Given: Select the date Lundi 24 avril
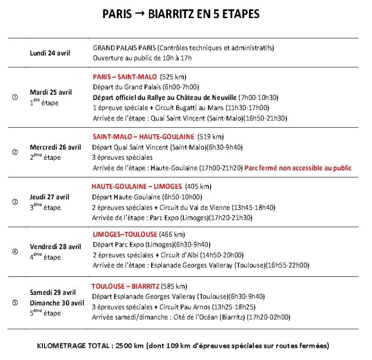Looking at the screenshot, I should point(50,52).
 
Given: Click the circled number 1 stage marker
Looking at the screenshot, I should point(14,97).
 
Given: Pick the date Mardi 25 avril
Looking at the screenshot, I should point(51,92).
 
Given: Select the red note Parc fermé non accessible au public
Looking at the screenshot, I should point(298,168).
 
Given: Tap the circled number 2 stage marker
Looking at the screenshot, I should point(14,152).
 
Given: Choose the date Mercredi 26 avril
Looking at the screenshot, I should point(55,147).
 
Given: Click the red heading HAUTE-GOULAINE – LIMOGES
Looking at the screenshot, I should point(137,186).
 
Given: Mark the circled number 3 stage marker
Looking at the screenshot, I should point(14,202).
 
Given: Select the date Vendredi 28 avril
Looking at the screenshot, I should point(55,246).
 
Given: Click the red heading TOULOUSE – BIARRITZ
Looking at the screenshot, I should point(126,286).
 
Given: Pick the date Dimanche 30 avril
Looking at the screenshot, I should point(57,303).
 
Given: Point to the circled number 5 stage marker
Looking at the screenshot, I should point(14,303).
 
